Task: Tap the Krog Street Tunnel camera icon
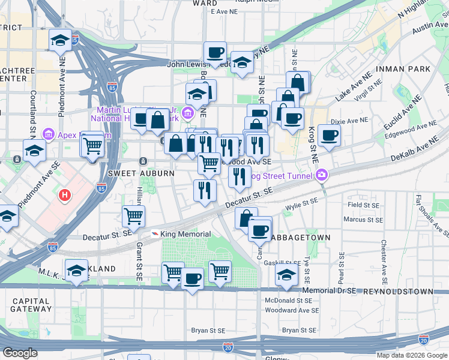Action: click(322, 175)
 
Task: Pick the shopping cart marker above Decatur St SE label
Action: click(133, 215)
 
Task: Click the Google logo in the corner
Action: click(20, 353)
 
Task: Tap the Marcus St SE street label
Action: click(364, 220)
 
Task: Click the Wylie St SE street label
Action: click(301, 205)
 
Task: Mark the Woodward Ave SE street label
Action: click(292, 310)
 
